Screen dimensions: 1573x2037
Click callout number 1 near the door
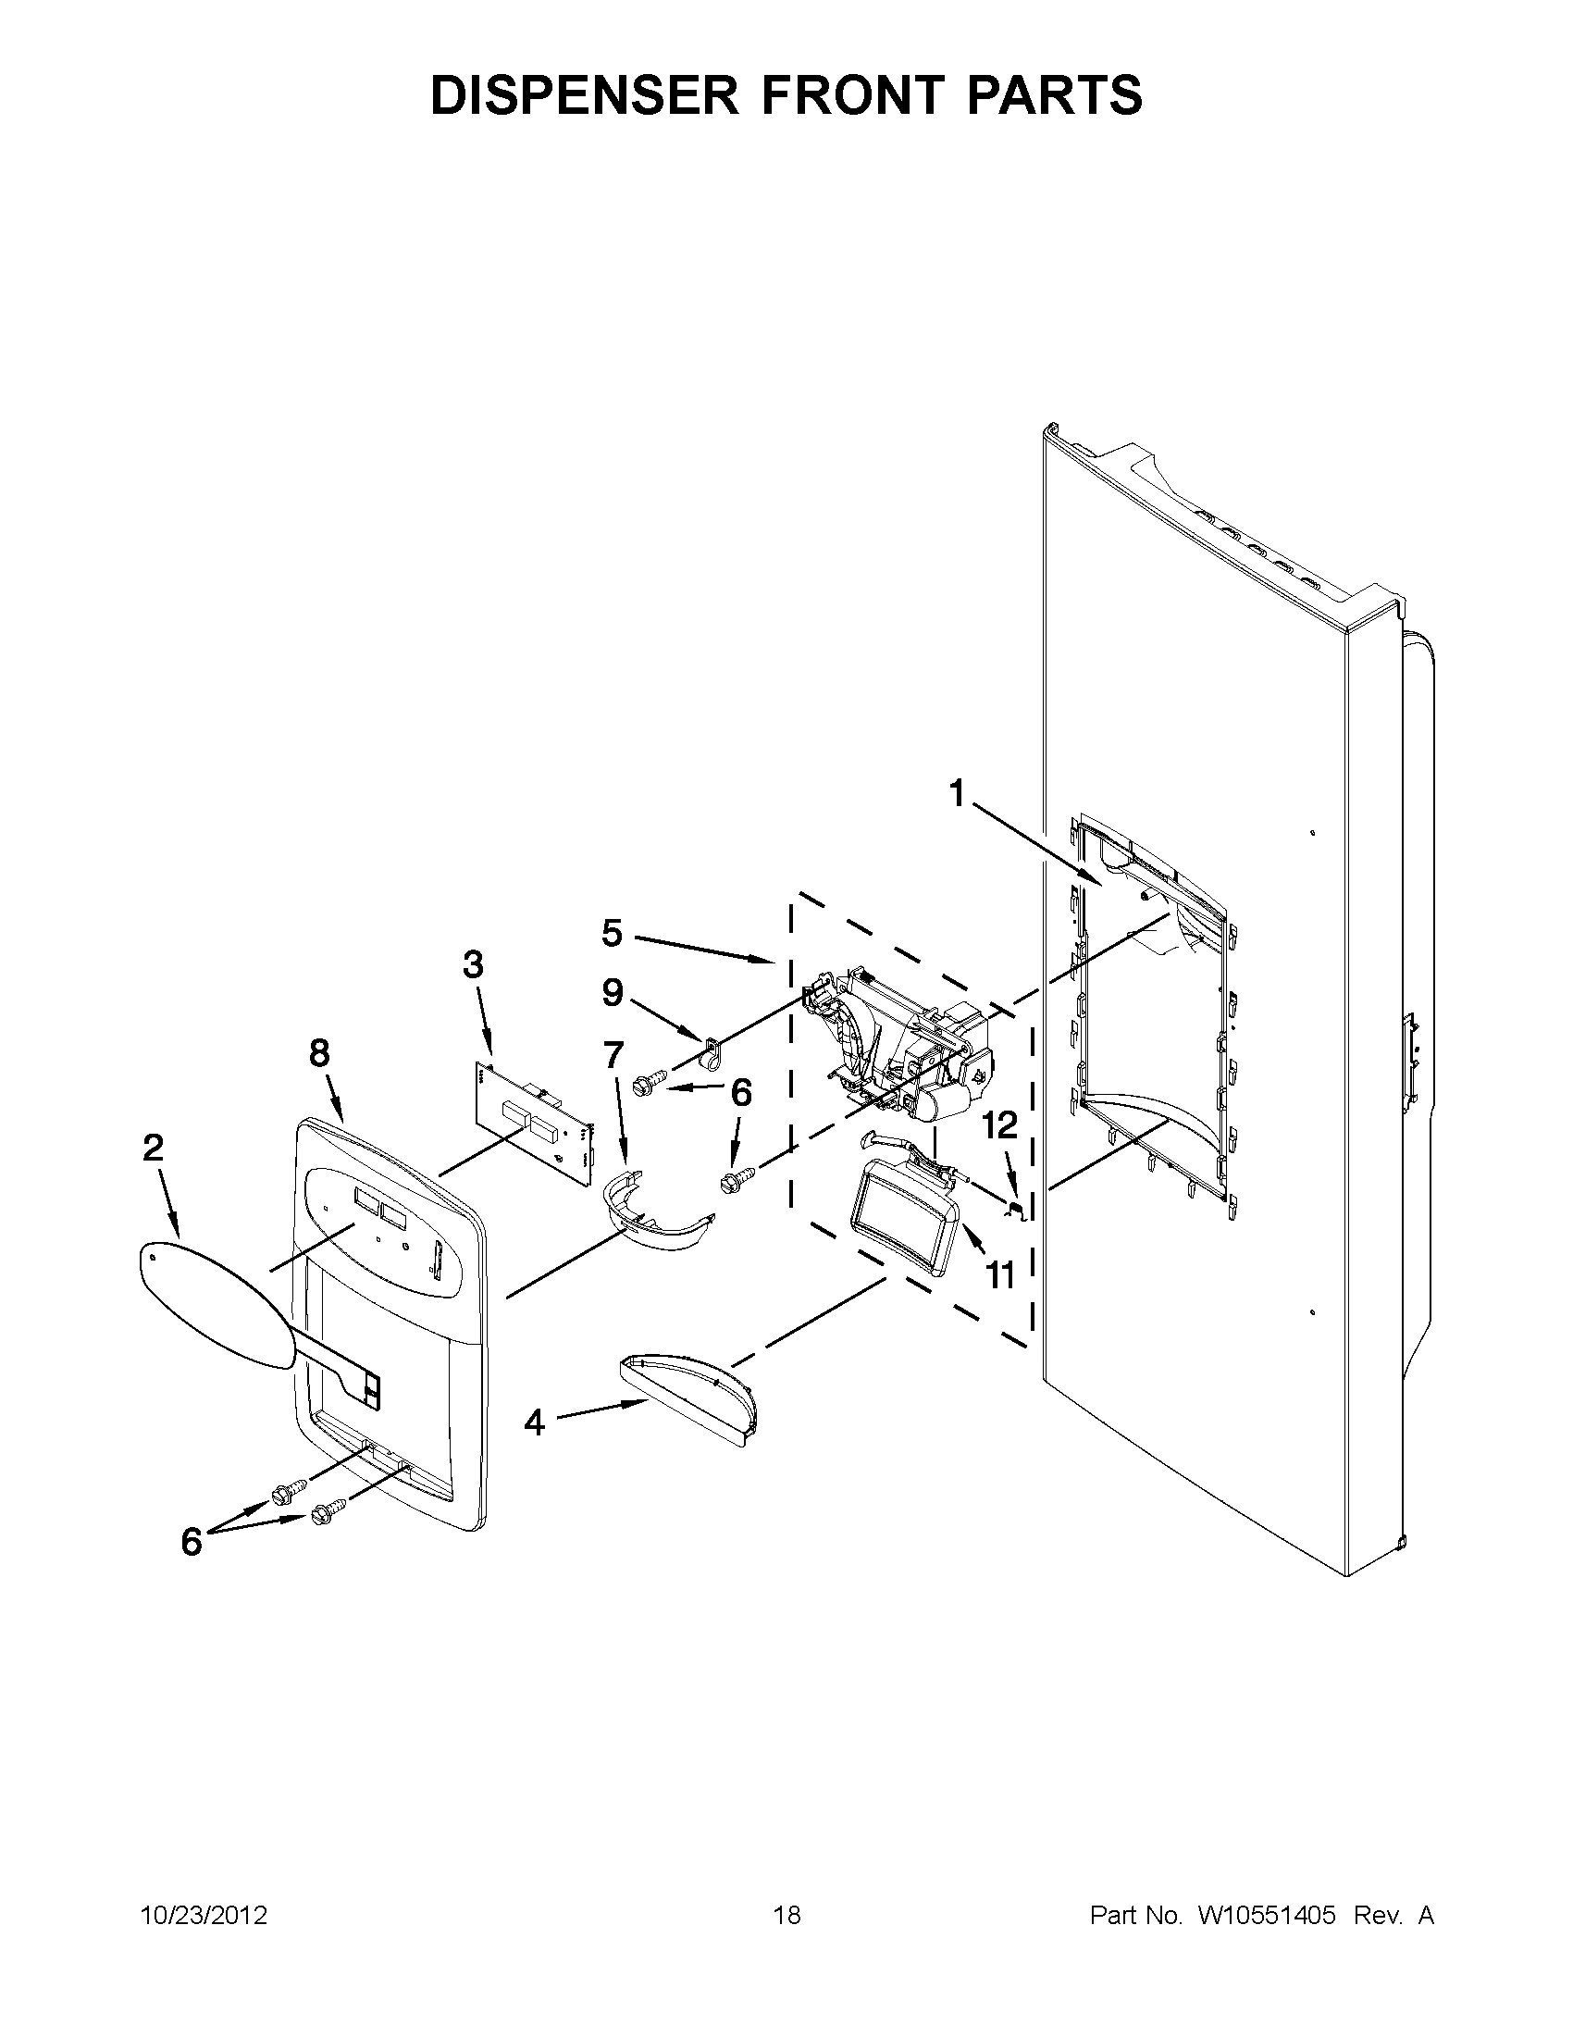click(957, 794)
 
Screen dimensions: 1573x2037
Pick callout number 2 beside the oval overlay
click(152, 1148)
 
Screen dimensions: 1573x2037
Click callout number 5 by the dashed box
click(612, 933)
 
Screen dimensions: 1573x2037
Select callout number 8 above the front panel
click(319, 1054)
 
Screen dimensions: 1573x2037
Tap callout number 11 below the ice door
click(999, 1273)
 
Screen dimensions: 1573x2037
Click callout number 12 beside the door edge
click(999, 1126)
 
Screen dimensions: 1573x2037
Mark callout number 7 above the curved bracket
click(613, 1055)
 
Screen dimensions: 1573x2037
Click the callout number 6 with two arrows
click(192, 1543)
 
